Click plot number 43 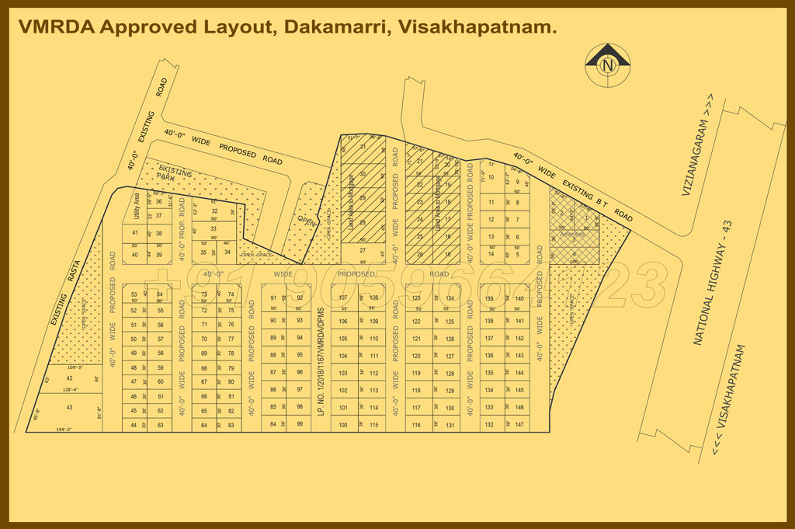[x=69, y=407]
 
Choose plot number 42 [x=69, y=378]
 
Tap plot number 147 [x=519, y=425]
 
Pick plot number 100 [x=343, y=425]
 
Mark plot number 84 [x=273, y=424]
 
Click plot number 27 [x=362, y=250]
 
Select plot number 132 [x=489, y=425]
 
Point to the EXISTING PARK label [x=175, y=173]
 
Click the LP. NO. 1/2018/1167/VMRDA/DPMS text [x=320, y=360]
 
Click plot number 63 [x=160, y=425]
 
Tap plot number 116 [x=416, y=425]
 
